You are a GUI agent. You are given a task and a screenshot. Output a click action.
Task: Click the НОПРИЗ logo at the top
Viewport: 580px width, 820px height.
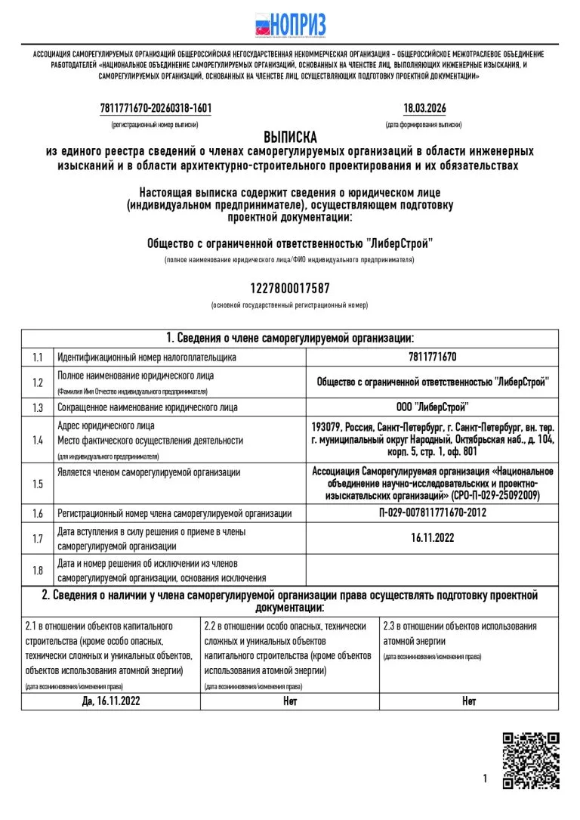[x=290, y=25]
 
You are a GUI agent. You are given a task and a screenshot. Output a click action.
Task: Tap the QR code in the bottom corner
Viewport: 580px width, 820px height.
[x=531, y=760]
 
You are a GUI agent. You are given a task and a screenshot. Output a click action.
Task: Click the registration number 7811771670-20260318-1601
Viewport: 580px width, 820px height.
[x=156, y=109]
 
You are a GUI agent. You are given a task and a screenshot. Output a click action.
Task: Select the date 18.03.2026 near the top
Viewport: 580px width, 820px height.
[x=424, y=109]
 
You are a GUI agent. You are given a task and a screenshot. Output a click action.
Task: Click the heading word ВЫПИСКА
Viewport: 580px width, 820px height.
[x=290, y=137]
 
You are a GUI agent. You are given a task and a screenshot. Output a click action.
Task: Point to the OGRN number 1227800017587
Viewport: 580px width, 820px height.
[x=290, y=289]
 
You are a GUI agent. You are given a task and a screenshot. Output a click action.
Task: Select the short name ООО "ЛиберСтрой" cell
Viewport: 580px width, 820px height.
[x=432, y=407]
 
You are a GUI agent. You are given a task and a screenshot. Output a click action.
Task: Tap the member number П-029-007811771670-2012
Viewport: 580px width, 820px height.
[x=432, y=513]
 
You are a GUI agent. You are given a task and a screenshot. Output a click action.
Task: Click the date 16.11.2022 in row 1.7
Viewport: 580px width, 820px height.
[x=432, y=539]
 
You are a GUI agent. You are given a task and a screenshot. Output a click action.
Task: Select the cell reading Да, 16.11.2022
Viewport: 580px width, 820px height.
[x=110, y=701]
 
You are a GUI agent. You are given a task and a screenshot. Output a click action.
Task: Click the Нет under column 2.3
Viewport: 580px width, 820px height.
[x=469, y=701]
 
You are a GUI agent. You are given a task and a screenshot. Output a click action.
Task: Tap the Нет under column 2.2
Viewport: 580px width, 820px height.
[x=290, y=701]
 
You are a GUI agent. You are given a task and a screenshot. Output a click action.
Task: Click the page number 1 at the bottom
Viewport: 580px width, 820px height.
[x=484, y=778]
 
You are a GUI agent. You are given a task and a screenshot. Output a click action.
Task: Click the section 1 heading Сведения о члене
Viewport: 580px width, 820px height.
[x=290, y=338]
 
